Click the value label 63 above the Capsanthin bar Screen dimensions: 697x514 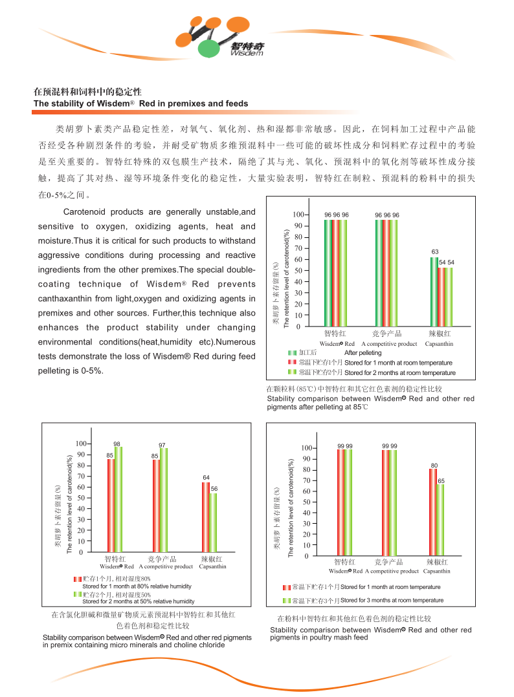[x=435, y=252]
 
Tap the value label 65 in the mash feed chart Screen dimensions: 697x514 [x=441, y=481]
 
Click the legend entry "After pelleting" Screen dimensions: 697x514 [x=363, y=353]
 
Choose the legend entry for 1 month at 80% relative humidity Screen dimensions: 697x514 [x=137, y=586]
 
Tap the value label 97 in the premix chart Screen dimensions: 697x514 [x=162, y=445]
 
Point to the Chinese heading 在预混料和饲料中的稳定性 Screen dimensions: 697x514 [x=87, y=92]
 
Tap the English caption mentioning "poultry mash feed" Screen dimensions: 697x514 [x=370, y=633]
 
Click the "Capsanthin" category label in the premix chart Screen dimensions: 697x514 [x=212, y=566]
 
